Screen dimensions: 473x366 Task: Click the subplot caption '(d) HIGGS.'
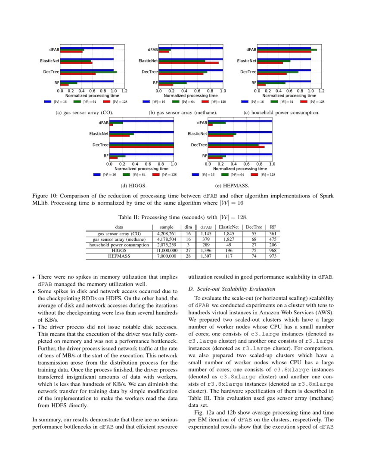[x=133, y=185]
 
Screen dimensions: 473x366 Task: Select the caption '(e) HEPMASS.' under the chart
[x=232, y=185]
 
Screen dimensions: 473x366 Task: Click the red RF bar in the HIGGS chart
[x=113, y=158]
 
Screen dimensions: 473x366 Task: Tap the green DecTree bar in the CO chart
[x=88, y=72]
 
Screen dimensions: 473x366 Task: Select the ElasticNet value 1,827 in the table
[x=229, y=239]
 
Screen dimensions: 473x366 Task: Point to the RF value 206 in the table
[x=273, y=245]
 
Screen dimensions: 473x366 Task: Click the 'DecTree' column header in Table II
[x=254, y=227]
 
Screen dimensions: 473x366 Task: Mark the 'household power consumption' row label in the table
[x=119, y=245]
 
